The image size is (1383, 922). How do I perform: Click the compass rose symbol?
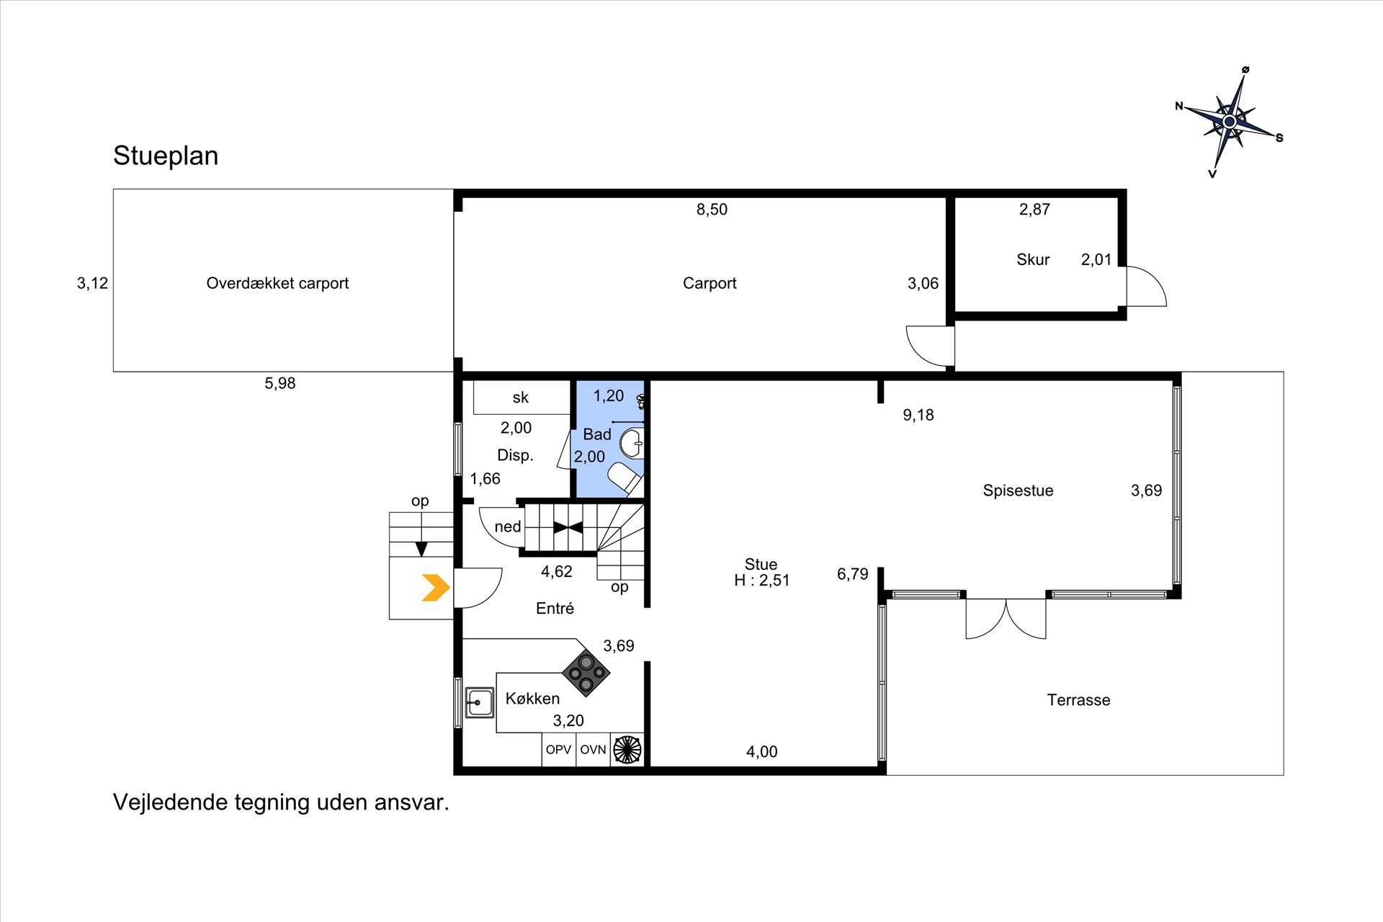[1230, 122]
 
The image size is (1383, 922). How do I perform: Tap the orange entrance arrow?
[436, 588]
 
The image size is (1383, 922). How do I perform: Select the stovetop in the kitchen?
[586, 672]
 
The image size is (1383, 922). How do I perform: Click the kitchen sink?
[479, 702]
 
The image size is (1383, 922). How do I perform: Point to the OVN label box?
[593, 750]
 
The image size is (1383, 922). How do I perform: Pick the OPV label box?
[558, 750]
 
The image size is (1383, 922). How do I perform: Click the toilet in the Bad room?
[625, 479]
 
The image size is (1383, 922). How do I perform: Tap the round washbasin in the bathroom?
[632, 443]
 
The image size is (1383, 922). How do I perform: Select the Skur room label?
[1033, 259]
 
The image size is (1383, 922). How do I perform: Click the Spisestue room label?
[1018, 491]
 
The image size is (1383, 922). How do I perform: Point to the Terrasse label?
[1078, 699]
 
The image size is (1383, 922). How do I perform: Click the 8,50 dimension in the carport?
[712, 210]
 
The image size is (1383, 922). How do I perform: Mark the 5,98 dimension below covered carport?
[280, 383]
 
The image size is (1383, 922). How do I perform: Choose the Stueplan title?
[166, 156]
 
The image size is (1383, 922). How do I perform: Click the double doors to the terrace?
[1006, 618]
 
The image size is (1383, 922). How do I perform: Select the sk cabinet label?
[521, 398]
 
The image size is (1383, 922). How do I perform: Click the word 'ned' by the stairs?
[508, 527]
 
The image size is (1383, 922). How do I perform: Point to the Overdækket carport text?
[277, 283]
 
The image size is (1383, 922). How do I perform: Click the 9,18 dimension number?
[918, 415]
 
